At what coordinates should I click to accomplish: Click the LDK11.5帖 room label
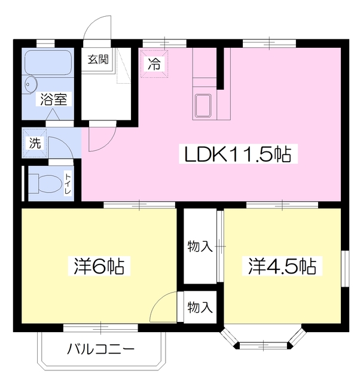[x=237, y=156]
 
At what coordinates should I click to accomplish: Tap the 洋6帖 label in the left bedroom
[x=99, y=266]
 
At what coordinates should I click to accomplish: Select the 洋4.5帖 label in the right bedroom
[x=282, y=266]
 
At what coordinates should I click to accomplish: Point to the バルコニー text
[x=100, y=349]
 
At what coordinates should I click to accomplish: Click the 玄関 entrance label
[x=98, y=60]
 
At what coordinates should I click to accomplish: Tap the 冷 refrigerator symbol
[x=154, y=63]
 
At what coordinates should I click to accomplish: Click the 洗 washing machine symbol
[x=35, y=143]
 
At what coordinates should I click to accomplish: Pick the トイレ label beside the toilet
[x=68, y=183]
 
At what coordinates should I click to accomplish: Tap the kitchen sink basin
[x=203, y=105]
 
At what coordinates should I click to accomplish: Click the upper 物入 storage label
[x=200, y=246]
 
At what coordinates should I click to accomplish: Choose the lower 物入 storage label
[x=200, y=308]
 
